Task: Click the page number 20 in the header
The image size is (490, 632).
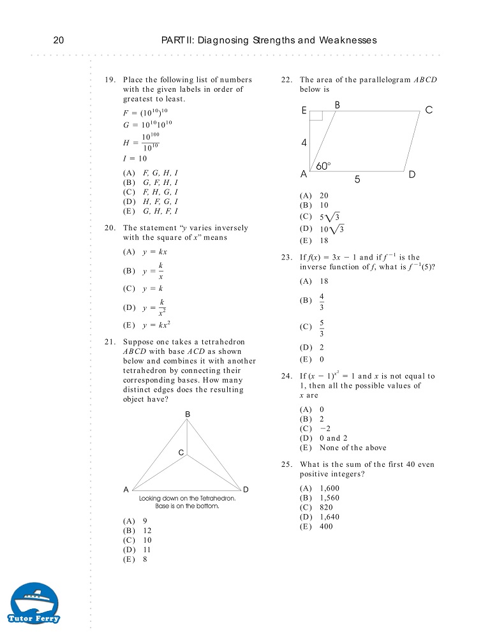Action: click(58, 40)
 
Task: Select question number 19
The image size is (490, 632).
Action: click(110, 80)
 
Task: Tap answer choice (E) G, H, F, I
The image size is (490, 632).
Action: click(151, 211)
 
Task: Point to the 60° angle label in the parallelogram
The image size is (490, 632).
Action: click(323, 166)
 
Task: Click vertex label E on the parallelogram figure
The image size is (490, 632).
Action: click(305, 110)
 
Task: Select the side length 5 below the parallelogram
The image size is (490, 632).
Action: click(357, 180)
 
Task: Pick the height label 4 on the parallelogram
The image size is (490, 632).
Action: click(304, 143)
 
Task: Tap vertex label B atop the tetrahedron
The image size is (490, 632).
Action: click(188, 415)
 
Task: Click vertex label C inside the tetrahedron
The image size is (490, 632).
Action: click(181, 453)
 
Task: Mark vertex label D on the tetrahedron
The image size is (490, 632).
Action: click(246, 489)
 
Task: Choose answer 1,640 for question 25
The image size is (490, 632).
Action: click(320, 517)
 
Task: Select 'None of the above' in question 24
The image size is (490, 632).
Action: click(343, 448)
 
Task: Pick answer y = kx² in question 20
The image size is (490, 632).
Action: click(147, 325)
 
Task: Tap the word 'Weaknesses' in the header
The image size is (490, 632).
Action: click(348, 40)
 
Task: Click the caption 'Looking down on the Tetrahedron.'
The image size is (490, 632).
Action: click(188, 498)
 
